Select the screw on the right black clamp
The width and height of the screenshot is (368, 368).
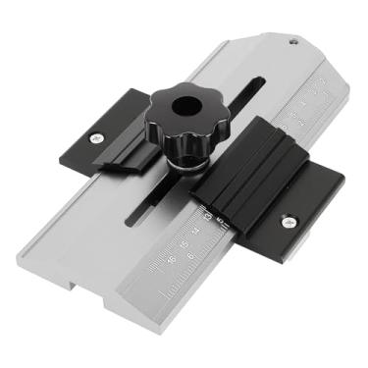pyautogui.click(x=289, y=222)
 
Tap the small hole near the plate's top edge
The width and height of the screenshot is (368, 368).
pyautogui.click(x=291, y=42)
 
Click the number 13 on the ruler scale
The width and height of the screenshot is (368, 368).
pyautogui.click(x=207, y=211)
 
